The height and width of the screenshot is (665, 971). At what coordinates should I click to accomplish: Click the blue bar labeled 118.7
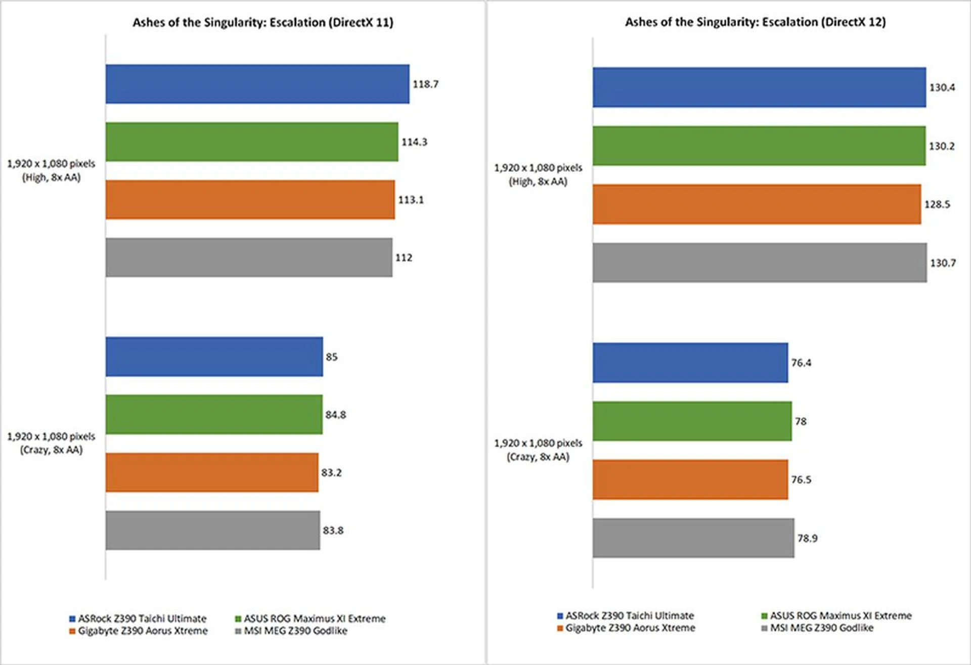point(257,84)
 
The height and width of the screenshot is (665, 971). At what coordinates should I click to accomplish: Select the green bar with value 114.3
point(251,142)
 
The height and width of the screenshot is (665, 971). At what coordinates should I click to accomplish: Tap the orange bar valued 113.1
point(250,200)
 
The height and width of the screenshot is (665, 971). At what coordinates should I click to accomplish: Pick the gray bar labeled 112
point(248,257)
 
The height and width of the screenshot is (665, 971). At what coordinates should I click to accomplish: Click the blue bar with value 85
point(214,357)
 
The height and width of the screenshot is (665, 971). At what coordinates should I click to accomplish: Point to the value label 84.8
point(335,415)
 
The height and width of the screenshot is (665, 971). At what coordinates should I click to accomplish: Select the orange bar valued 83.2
point(211,472)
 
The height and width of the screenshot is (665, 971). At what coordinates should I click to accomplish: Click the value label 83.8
point(333,530)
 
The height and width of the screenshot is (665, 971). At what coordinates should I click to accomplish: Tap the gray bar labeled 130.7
point(759,262)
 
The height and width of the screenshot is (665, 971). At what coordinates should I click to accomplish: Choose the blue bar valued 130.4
point(759,87)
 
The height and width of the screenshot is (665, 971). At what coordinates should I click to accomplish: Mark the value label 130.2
point(941,146)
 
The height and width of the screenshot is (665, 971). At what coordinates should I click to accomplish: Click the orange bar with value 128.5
point(756,204)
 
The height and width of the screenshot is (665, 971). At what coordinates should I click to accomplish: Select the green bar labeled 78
point(691,421)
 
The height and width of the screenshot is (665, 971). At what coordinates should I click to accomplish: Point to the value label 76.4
point(801,363)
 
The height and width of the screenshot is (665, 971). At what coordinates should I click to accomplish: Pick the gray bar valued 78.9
point(693,538)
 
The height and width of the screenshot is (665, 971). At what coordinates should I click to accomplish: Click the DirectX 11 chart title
point(262,22)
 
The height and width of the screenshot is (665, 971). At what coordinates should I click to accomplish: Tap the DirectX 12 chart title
point(755,22)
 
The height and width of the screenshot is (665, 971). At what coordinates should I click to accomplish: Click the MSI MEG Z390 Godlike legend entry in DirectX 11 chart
point(291,631)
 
